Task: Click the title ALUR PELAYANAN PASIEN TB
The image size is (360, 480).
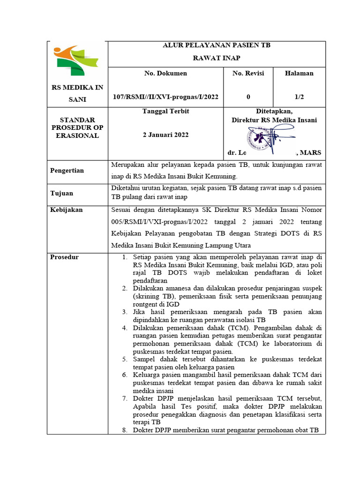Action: [216, 45]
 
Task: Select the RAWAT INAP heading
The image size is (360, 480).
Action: [217, 58]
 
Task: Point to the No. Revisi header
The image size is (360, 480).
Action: [248, 73]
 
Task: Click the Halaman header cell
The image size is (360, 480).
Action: [299, 73]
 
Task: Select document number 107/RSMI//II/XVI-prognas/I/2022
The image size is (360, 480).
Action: [165, 97]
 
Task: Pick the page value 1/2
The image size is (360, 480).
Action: [299, 97]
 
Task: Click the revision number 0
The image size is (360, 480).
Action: [248, 97]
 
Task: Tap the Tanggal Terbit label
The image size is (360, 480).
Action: [165, 112]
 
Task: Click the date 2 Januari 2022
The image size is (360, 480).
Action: [165, 135]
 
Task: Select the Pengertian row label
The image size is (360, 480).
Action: [67, 170]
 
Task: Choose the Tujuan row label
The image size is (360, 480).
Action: [61, 193]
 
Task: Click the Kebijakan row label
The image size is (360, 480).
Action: [66, 210]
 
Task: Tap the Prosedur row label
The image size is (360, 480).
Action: [65, 257]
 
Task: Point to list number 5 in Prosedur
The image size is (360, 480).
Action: [125, 359]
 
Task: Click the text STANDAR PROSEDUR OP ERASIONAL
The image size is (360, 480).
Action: [77, 127]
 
